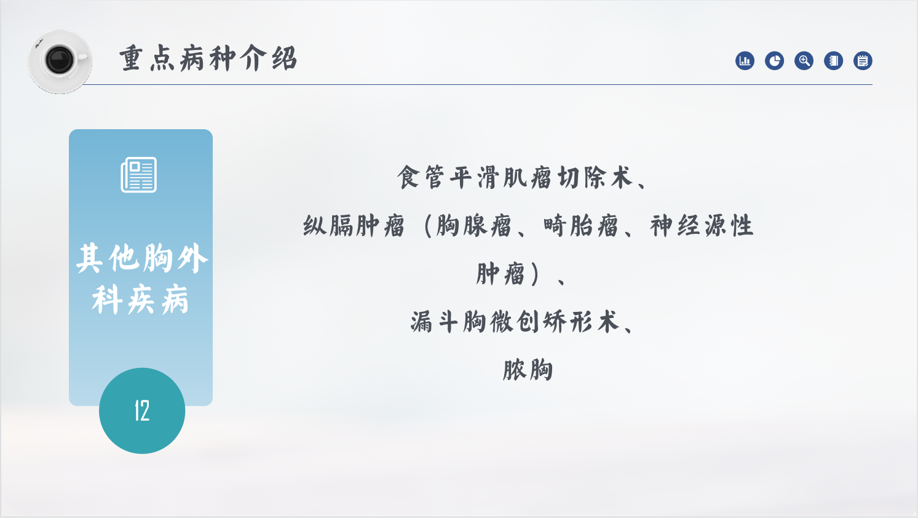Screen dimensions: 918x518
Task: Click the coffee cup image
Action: tap(60, 62)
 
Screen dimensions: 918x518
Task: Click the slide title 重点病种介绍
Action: tap(208, 58)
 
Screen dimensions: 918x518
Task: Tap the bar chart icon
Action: tap(745, 61)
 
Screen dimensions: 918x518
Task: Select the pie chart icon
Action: tap(774, 61)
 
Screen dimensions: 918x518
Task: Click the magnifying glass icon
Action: tap(804, 61)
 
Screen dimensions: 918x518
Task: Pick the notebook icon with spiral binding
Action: tap(833, 61)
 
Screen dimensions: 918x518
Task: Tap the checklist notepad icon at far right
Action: tap(863, 61)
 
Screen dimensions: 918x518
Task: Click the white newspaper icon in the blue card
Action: tap(139, 175)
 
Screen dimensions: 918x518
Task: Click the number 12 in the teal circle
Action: tap(142, 410)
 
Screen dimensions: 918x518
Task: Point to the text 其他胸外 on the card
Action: tap(142, 258)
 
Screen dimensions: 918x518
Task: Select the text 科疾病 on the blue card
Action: tap(140, 300)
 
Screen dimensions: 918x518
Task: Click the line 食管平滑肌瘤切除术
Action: tap(515, 178)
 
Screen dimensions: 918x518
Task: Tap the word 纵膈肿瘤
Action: tap(354, 226)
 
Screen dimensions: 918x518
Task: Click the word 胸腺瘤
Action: tap(473, 226)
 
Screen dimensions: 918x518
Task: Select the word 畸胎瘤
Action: tap(580, 226)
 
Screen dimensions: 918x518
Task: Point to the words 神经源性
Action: tap(702, 226)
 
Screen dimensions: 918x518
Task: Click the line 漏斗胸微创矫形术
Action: tap(515, 322)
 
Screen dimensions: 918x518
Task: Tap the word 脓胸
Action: tap(528, 370)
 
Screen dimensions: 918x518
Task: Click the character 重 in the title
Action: tap(131, 58)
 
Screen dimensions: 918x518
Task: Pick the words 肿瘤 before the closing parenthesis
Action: tap(501, 274)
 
